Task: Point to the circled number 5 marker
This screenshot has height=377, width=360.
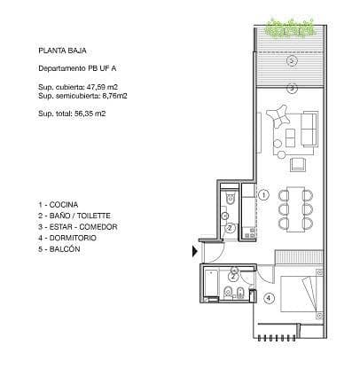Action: (x=292, y=87)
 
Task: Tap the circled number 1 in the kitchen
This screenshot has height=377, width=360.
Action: (x=263, y=193)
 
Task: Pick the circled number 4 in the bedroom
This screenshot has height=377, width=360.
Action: (x=268, y=298)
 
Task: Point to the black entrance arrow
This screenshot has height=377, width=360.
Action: (x=196, y=252)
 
